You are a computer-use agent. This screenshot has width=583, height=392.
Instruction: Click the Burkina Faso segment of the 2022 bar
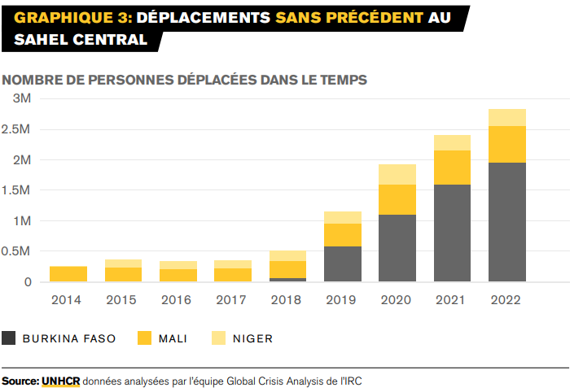click(x=506, y=222)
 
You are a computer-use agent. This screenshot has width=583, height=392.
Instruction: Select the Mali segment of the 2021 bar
click(x=452, y=168)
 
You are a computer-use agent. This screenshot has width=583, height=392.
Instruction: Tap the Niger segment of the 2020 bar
click(x=397, y=174)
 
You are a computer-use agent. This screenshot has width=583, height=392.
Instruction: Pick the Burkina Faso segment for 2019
click(x=342, y=264)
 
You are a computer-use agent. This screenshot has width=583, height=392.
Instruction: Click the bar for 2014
click(x=68, y=274)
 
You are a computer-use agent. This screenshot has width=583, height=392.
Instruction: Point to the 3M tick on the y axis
click(x=22, y=98)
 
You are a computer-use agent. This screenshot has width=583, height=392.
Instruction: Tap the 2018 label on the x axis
click(x=287, y=299)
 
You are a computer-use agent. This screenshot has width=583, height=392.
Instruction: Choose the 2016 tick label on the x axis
click(x=177, y=299)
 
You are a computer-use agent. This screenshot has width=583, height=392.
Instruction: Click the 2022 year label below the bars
click(x=506, y=299)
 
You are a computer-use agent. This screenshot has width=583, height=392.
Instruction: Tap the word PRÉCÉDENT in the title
click(x=375, y=17)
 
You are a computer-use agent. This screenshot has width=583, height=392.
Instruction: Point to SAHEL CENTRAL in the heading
click(x=81, y=39)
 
